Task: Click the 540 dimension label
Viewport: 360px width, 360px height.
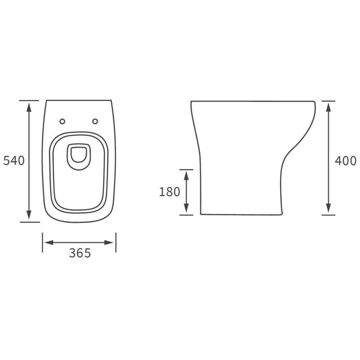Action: click(14, 161)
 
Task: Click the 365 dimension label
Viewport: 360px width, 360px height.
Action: click(80, 253)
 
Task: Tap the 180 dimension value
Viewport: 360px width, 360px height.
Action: click(169, 192)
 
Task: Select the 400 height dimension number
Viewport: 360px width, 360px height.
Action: click(345, 161)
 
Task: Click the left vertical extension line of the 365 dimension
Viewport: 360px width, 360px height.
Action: click(42, 242)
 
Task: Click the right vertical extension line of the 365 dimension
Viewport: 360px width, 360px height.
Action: click(116, 242)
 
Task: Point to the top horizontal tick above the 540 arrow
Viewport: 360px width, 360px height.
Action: click(29, 100)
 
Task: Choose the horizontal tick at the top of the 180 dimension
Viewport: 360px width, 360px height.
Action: click(186, 169)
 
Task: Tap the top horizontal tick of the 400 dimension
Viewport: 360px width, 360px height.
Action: click(328, 101)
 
